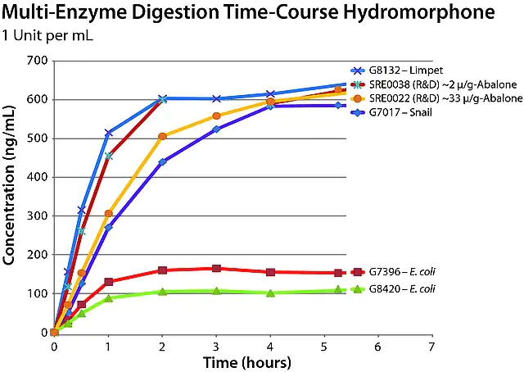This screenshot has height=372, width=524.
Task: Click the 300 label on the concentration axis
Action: coord(34,216)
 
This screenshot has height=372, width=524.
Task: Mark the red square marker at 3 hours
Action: coord(216,269)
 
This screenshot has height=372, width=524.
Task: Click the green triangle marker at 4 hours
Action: coord(270,293)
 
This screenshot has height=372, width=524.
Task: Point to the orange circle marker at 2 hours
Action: coord(162,136)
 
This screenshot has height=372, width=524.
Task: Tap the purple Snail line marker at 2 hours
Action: coord(162,162)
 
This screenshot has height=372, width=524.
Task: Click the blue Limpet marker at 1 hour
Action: coord(108,133)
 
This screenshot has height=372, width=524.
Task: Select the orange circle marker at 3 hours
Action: coord(216,116)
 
